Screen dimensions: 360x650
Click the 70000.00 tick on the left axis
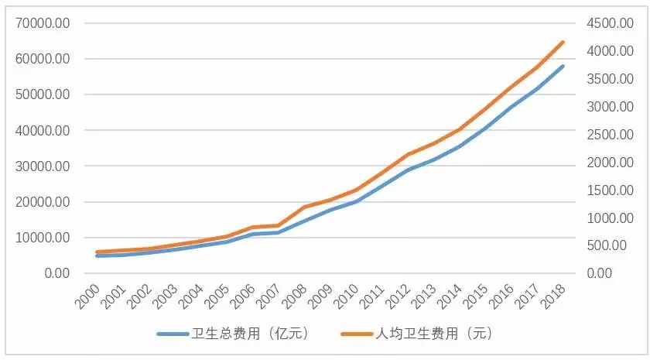click(43, 23)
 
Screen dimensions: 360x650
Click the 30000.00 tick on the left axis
click(43, 166)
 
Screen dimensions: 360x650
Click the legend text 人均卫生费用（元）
click(434, 334)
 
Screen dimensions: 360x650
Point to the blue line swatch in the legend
click(175, 334)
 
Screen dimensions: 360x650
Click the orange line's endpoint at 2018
click(564, 42)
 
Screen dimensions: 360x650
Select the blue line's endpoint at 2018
click(564, 66)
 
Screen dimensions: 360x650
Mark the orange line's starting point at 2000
click(97, 252)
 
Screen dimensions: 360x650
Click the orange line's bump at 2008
click(304, 207)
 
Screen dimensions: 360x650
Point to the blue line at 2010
click(356, 201)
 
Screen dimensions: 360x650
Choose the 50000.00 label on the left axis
click(43, 94)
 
